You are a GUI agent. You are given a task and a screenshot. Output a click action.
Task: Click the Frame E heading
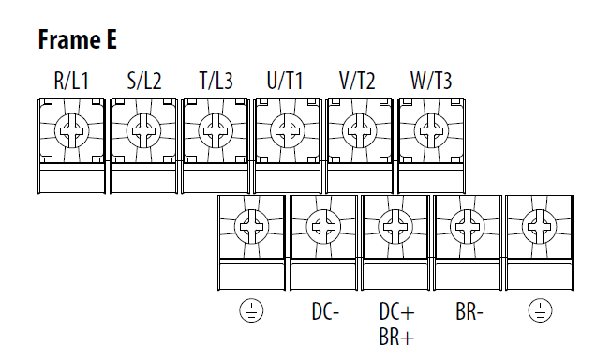pos(77,39)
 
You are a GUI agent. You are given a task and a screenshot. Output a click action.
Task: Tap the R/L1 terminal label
pos(71,81)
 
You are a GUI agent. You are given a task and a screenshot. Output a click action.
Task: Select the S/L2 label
pos(144,81)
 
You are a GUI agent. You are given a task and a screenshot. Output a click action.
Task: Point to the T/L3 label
pos(216,81)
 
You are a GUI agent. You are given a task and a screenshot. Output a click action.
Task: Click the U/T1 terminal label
pos(285,81)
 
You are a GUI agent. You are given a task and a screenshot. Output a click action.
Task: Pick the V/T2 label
pos(357,81)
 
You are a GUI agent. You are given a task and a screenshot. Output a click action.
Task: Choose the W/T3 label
pos(431,81)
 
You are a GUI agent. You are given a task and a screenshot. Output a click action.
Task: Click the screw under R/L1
pos(72,131)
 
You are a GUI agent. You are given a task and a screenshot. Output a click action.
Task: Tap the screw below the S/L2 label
pos(143,131)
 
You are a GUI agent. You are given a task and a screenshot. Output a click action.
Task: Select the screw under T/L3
pos(216,131)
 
